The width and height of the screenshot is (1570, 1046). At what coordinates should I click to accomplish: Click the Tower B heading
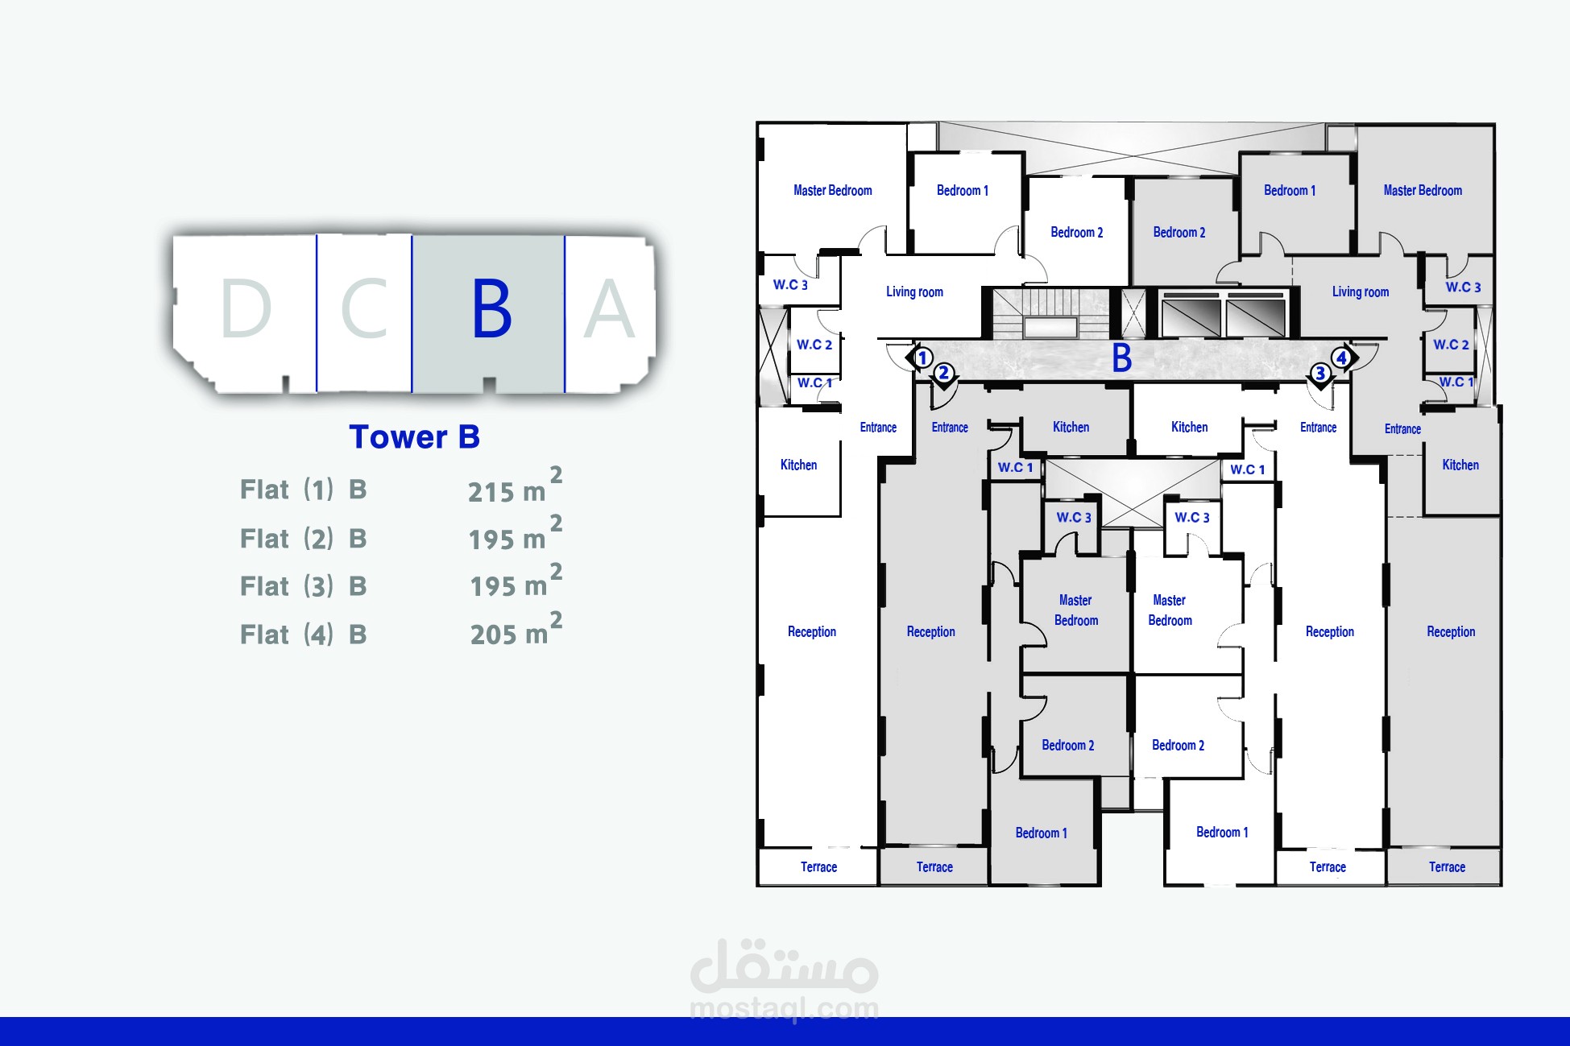point(414,437)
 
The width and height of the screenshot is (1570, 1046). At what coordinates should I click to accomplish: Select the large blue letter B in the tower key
point(491,309)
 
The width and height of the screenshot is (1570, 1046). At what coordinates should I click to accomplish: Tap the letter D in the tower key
point(246,309)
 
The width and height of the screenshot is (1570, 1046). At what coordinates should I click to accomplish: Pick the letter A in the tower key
point(609,309)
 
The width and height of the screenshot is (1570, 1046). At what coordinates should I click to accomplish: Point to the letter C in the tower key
point(365,309)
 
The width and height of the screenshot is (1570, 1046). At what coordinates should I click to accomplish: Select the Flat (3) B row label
point(303,586)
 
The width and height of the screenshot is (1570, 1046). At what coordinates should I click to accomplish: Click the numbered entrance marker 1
point(923,358)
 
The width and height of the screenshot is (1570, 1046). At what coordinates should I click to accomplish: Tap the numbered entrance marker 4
point(1341,358)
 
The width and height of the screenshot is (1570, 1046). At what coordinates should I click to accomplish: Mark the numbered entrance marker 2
point(944,373)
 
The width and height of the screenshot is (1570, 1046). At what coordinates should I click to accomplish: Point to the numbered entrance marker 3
point(1320,374)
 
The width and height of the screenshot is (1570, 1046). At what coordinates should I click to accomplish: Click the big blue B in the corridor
point(1121,358)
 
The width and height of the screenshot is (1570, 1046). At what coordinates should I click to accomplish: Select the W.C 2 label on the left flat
point(814,345)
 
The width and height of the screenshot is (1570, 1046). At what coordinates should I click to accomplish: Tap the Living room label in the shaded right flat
point(1360,291)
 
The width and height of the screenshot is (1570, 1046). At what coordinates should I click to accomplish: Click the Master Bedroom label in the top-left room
point(832,191)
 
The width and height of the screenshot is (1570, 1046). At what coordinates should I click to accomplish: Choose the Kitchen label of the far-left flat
point(798,465)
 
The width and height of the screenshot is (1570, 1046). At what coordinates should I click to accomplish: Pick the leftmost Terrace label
point(818,867)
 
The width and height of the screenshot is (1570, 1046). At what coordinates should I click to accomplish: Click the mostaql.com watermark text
point(784,1008)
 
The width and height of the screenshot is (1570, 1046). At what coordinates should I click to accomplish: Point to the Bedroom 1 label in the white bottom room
point(1222,833)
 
